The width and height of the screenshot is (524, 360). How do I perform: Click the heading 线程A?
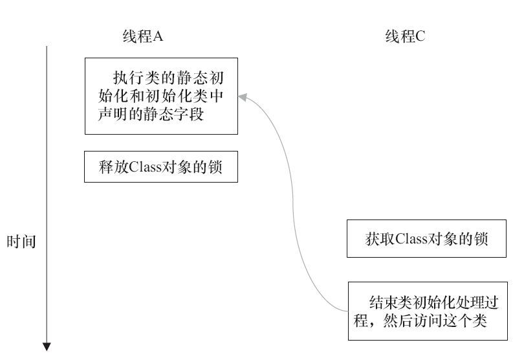[x=143, y=36]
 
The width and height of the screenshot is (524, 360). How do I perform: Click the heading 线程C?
[x=405, y=36]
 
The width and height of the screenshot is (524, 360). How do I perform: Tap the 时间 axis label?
[x=21, y=242]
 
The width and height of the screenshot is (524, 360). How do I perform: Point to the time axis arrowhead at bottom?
[x=47, y=346]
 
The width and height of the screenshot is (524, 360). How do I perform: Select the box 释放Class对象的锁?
[x=161, y=166]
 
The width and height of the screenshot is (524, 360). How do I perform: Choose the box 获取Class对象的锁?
[x=426, y=238]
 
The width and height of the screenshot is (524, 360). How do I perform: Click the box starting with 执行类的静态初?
[x=162, y=96]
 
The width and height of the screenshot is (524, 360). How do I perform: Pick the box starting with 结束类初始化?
[x=428, y=311]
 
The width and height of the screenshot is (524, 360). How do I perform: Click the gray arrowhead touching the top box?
[x=243, y=97]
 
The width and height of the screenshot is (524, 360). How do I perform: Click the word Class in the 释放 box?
[x=146, y=167]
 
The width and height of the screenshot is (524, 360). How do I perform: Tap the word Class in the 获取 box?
[x=411, y=239]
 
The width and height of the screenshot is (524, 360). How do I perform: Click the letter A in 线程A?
[x=158, y=36]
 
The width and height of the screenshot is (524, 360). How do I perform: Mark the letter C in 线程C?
[x=420, y=36]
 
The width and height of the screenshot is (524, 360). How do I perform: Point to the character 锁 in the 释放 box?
[x=215, y=167]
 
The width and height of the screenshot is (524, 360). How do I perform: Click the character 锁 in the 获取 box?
[x=481, y=239]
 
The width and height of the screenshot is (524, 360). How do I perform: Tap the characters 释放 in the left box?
[x=114, y=167]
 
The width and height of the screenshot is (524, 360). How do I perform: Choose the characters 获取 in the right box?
[x=380, y=239]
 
